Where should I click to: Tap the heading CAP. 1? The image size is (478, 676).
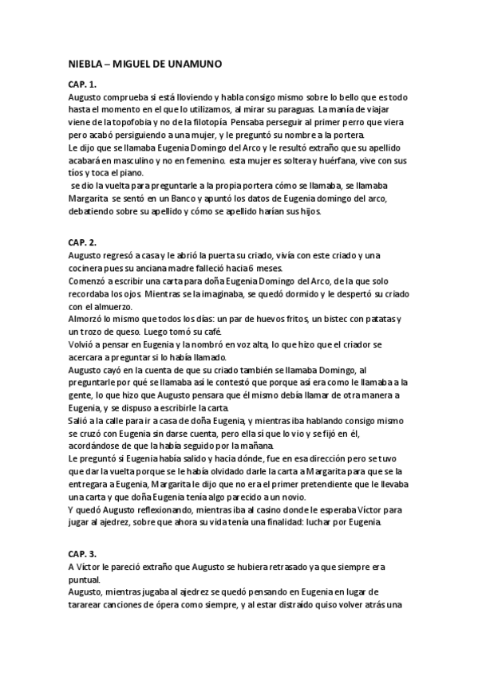click(x=82, y=84)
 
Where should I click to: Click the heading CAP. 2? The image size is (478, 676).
click(x=82, y=242)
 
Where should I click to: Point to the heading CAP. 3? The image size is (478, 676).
click(x=82, y=552)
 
